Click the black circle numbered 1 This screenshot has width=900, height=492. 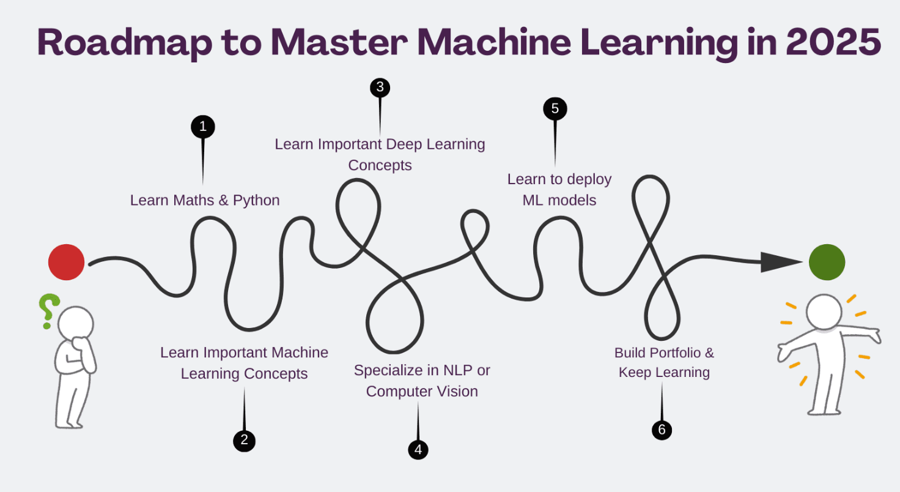click(203, 127)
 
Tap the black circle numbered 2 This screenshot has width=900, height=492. click(244, 440)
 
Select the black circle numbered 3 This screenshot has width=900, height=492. click(380, 88)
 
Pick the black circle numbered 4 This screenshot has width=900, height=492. click(418, 450)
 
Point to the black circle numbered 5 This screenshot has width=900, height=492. click(555, 109)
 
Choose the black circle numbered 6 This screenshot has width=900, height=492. click(662, 430)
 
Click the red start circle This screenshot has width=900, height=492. click(66, 262)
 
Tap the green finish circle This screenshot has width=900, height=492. click(827, 262)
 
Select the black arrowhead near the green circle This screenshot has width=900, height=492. click(780, 262)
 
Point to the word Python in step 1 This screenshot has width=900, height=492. click(256, 200)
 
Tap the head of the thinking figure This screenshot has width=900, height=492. click(76, 322)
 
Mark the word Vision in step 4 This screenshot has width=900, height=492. click(458, 392)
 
